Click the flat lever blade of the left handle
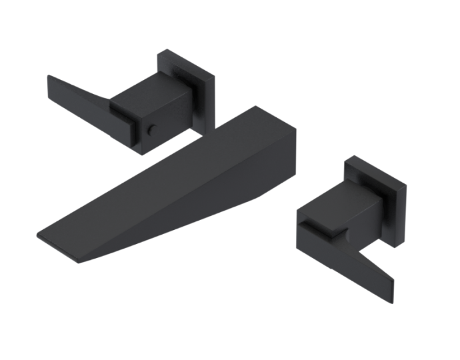pyautogui.click(x=77, y=93)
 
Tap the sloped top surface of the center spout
pyautogui.click(x=167, y=167)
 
